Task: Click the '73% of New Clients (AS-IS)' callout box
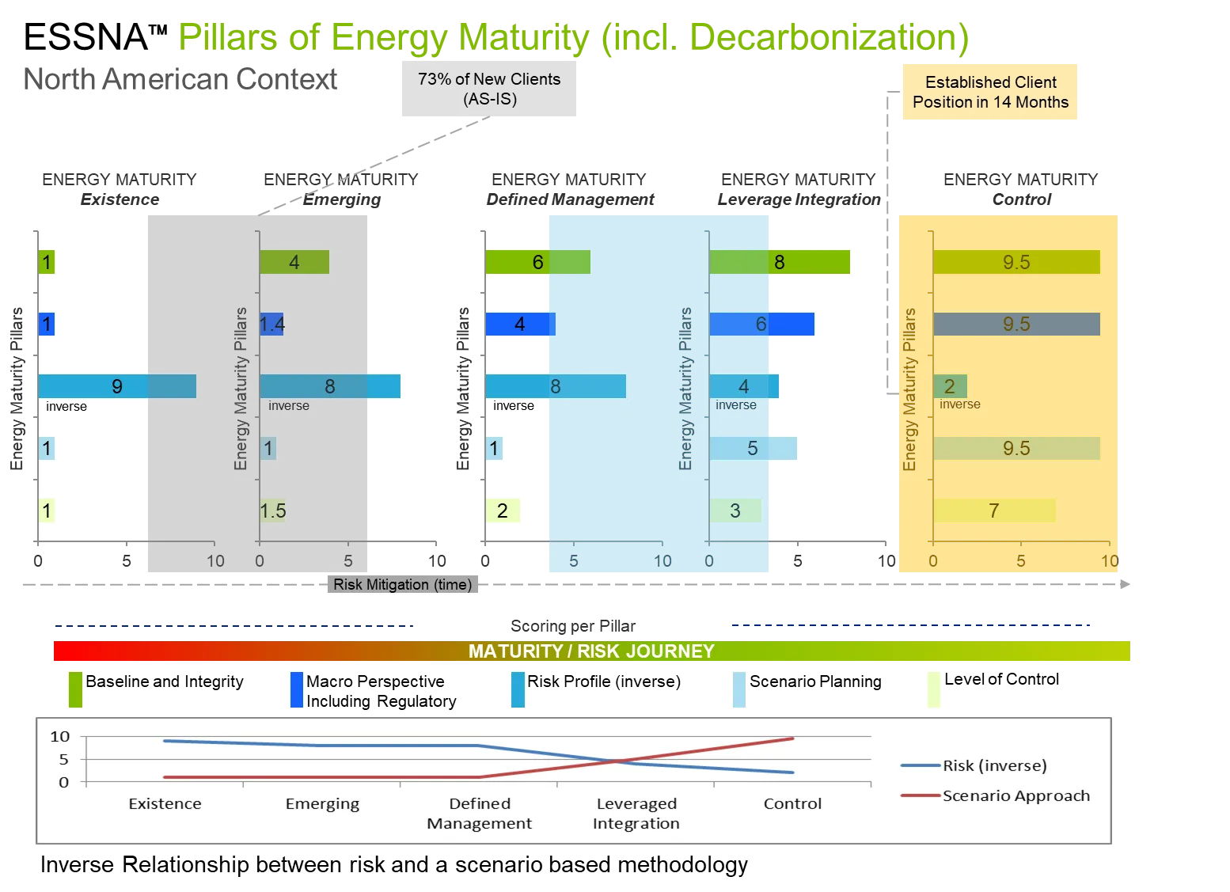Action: [488, 89]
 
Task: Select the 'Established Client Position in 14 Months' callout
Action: [990, 93]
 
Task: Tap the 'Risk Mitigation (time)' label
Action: [402, 584]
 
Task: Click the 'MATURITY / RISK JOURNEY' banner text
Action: [591, 651]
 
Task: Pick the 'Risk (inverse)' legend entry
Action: [994, 765]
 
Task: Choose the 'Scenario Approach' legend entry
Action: [1016, 795]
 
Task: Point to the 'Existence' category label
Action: [165, 803]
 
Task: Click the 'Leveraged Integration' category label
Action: [636, 813]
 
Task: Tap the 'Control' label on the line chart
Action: [792, 803]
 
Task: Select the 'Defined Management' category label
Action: [479, 813]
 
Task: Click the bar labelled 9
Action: [117, 386]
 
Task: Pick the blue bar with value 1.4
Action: [271, 324]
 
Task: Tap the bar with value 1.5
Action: [272, 511]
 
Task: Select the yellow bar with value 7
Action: [994, 511]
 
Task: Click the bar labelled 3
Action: [735, 511]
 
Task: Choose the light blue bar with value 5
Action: [753, 448]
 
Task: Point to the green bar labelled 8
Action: [780, 262]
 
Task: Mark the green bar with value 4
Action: [294, 262]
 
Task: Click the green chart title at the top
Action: [572, 36]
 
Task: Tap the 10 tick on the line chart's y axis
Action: [60, 736]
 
